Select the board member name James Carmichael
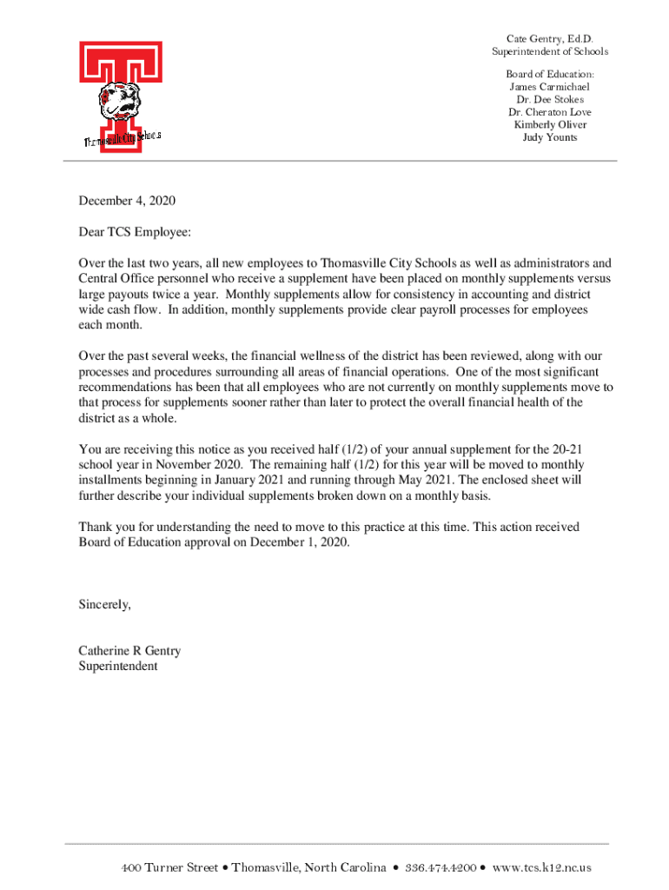pyautogui.click(x=549, y=87)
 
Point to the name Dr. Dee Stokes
pyautogui.click(x=549, y=99)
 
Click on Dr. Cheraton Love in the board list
pyautogui.click(x=549, y=112)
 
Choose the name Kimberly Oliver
pyautogui.click(x=549, y=124)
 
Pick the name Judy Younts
pyautogui.click(x=549, y=137)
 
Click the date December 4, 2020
pyautogui.click(x=127, y=201)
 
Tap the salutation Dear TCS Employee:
pyautogui.click(x=134, y=232)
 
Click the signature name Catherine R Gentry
pyautogui.click(x=129, y=651)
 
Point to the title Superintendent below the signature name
pyautogui.click(x=118, y=667)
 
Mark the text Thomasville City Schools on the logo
pyautogui.click(x=123, y=139)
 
